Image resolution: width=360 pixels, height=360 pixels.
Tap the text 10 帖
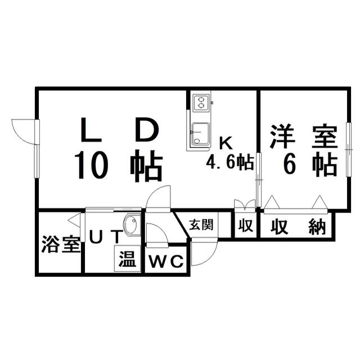click(x=118, y=164)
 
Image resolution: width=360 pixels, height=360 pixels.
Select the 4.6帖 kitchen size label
click(x=229, y=163)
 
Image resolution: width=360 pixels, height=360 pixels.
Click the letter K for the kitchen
click(x=223, y=142)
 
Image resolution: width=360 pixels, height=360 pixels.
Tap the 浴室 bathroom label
click(x=60, y=246)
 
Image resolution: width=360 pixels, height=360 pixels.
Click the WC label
click(x=167, y=262)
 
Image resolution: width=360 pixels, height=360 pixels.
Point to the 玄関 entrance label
click(x=201, y=225)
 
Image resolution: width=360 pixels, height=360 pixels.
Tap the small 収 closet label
click(x=245, y=226)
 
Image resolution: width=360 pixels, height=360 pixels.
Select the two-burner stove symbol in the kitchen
click(x=200, y=103)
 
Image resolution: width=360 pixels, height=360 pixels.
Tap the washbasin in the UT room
click(x=130, y=225)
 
